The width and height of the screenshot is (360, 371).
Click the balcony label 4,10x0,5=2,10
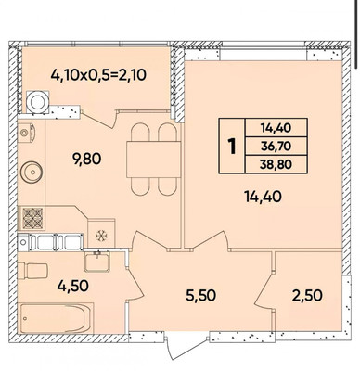(x=98, y=75)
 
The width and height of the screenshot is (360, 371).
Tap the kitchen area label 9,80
(x=87, y=160)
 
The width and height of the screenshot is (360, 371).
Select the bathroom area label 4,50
(x=73, y=286)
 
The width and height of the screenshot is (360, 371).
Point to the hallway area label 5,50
(x=200, y=295)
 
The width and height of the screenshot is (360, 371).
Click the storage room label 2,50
(x=307, y=295)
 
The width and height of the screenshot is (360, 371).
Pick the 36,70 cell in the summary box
(x=276, y=146)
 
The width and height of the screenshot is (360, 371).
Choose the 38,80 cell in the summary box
(x=276, y=164)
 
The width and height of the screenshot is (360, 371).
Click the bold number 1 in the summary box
(x=232, y=147)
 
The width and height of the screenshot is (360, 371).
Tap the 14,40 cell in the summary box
(x=276, y=128)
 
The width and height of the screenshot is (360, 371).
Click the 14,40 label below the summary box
(x=263, y=197)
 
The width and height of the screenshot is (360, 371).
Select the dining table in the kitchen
(x=153, y=160)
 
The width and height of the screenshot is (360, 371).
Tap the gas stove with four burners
(x=32, y=219)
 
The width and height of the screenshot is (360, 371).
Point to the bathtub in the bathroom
(x=57, y=318)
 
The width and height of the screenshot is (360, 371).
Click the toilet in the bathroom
(x=32, y=271)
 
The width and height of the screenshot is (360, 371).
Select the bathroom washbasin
(x=97, y=262)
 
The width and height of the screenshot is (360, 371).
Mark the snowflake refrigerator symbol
(x=101, y=236)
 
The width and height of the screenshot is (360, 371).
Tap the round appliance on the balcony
(x=38, y=101)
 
